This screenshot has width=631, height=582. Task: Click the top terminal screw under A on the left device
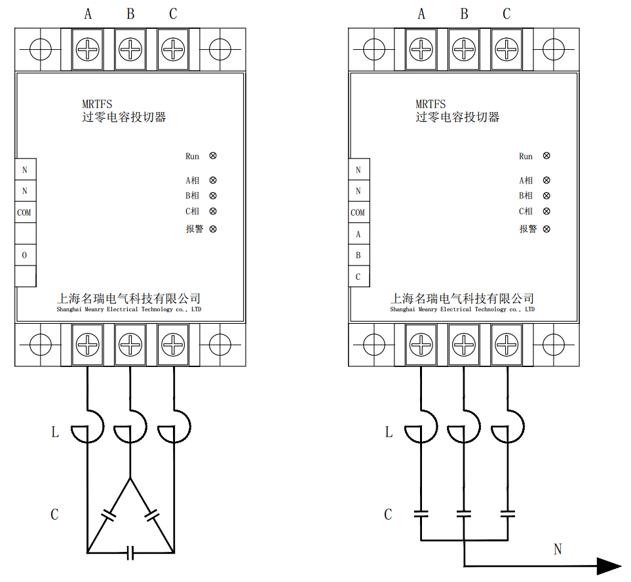(x=87, y=50)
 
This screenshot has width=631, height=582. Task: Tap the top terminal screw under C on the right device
(x=507, y=50)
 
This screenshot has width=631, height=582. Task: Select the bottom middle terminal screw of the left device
(x=130, y=345)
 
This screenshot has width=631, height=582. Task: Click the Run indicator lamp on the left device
(x=213, y=156)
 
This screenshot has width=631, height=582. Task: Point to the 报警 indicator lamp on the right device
(x=546, y=229)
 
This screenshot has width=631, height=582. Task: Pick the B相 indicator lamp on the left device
(x=213, y=195)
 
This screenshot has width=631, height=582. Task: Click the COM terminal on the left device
(x=26, y=212)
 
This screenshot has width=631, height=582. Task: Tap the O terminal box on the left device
(x=26, y=255)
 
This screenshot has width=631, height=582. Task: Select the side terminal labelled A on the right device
(x=358, y=234)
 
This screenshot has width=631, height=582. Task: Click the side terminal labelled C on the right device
(x=358, y=277)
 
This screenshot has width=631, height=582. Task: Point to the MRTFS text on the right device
(x=430, y=104)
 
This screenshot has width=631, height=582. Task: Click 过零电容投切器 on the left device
(x=124, y=117)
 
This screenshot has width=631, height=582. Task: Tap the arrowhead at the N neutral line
(x=609, y=566)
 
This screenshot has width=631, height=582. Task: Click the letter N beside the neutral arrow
(x=558, y=549)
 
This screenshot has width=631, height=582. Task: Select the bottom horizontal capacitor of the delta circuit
(x=130, y=553)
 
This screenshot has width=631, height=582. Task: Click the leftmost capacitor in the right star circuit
(x=421, y=514)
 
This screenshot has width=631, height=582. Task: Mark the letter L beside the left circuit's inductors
(x=55, y=433)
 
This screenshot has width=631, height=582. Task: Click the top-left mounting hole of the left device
(x=41, y=50)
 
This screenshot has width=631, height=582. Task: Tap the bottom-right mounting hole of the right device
(x=554, y=345)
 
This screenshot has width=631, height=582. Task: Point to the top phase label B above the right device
(x=464, y=14)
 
